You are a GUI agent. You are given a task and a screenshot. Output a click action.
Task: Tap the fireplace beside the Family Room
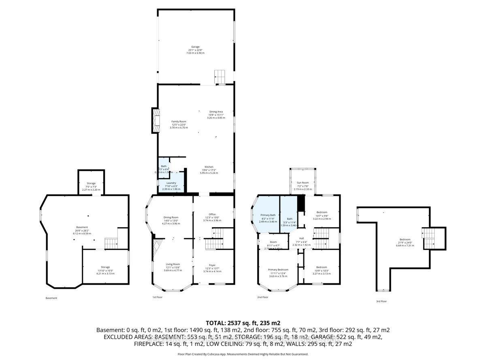click(x=155, y=120)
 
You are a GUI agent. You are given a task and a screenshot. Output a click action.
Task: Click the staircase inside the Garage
click(x=220, y=76)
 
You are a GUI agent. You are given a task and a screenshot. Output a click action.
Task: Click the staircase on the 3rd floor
click(x=428, y=238)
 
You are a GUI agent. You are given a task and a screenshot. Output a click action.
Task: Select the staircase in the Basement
click(x=111, y=243)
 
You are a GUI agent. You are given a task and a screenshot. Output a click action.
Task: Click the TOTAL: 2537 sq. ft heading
click(x=243, y=323)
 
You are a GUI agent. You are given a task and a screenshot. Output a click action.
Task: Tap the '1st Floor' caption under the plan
click(x=158, y=297)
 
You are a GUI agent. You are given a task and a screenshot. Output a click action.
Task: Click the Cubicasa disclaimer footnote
click(x=243, y=354)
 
